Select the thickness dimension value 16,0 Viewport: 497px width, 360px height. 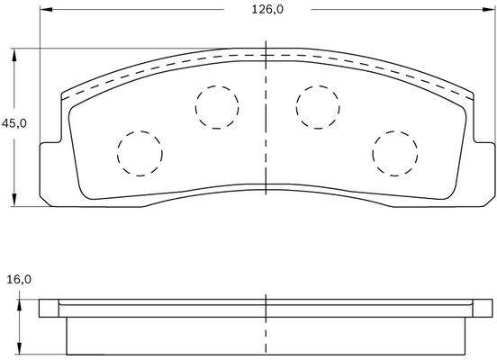click(18, 280)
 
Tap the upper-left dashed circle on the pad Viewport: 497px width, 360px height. click(216, 104)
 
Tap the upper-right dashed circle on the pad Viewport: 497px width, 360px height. click(316, 104)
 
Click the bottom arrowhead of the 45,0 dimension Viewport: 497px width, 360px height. click(15, 200)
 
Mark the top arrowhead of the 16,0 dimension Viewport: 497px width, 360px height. click(15, 302)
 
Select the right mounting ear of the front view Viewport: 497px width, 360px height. click(483, 166)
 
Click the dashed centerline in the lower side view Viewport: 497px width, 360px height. click(267, 328)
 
